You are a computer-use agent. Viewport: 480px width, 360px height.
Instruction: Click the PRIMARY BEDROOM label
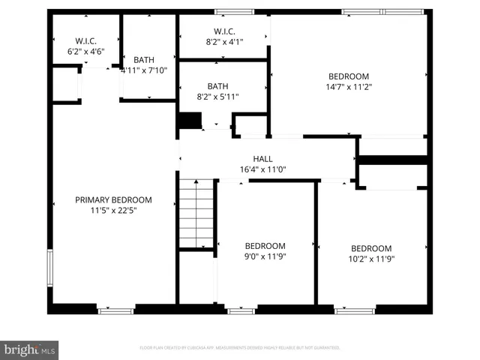tap(113, 199)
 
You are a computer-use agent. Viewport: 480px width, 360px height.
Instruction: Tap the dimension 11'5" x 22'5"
tap(113, 211)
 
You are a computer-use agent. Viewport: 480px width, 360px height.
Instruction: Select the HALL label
tap(262, 158)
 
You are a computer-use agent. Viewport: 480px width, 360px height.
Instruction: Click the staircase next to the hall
tap(197, 211)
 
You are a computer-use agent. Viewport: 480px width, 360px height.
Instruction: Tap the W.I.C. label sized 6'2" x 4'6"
tap(84, 40)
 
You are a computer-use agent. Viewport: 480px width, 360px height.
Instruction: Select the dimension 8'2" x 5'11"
tap(217, 97)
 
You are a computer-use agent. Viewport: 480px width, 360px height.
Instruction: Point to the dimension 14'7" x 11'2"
tap(349, 87)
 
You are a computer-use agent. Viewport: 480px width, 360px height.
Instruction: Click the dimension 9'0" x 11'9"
tap(265, 256)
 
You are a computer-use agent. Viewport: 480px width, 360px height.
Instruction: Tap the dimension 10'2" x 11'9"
tap(370, 259)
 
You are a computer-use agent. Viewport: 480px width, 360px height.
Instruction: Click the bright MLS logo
tap(30, 349)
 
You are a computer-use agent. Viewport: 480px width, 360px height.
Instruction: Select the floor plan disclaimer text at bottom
tap(240, 348)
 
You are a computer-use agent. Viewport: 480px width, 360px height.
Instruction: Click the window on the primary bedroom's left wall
tap(49, 266)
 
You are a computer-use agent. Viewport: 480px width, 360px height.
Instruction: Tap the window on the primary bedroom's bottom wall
tap(115, 309)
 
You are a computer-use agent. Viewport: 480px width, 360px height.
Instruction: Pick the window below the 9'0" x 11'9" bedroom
tap(241, 309)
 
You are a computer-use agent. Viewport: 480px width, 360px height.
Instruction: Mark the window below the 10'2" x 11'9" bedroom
tap(355, 309)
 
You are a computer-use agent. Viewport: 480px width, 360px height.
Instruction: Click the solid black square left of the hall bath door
tap(189, 120)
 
